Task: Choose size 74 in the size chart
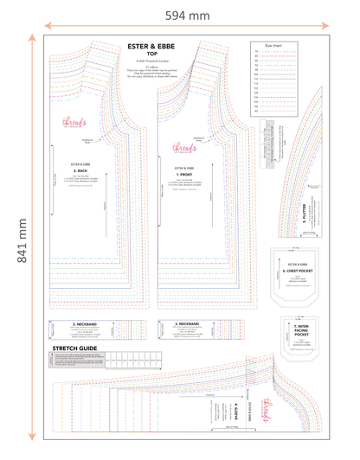pyautogui.click(x=256, y=51)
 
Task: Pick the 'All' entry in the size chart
pyautogui.click(x=256, y=112)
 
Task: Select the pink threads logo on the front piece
pyautogui.click(x=183, y=147)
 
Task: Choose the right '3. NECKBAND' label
pyautogui.click(x=188, y=323)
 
